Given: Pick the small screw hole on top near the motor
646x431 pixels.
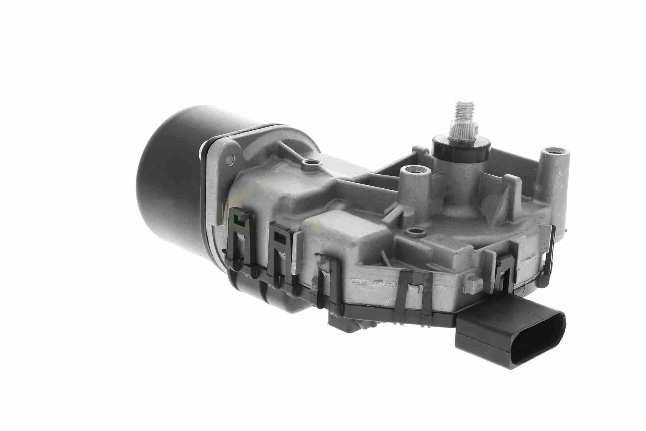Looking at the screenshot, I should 311,164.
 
